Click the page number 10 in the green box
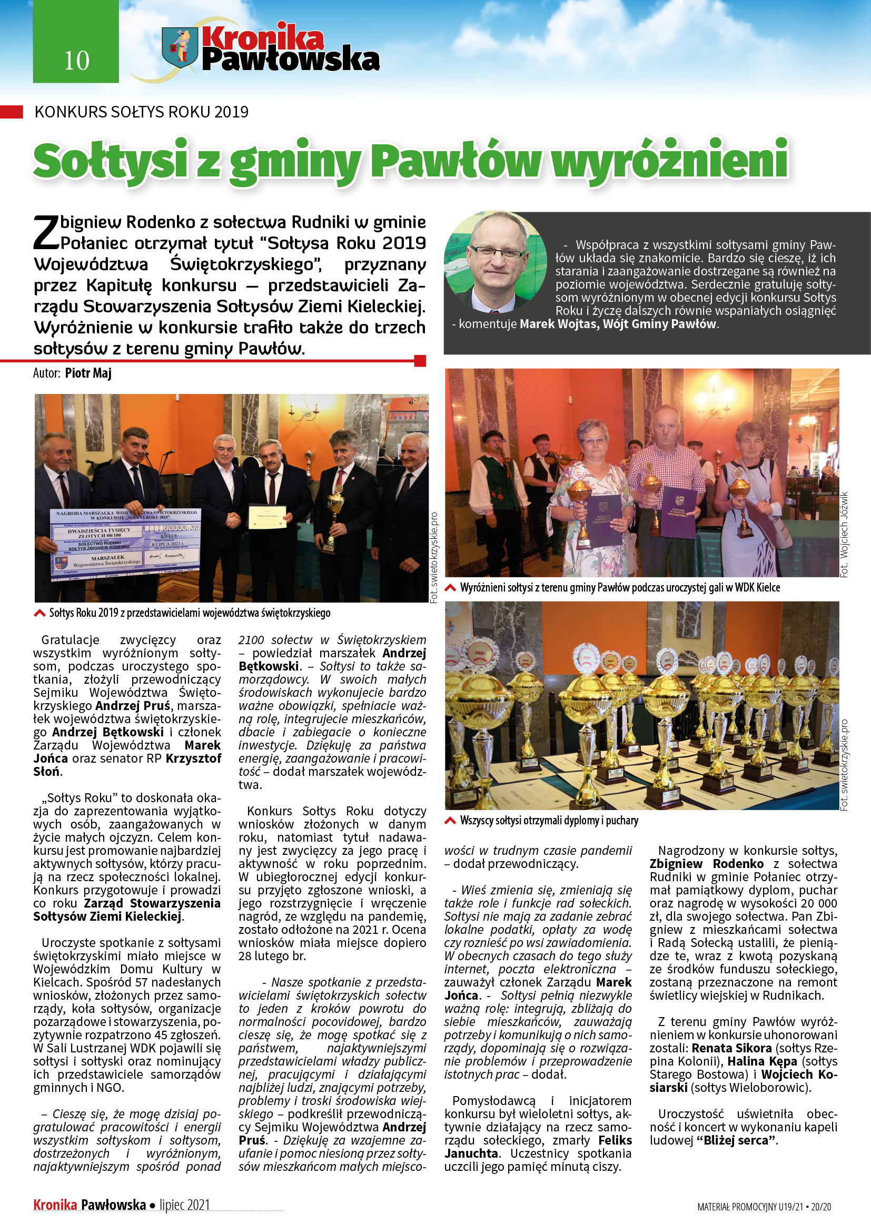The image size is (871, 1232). point(76,60)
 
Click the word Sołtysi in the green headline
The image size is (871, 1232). point(111,161)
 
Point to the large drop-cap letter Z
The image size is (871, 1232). point(46,233)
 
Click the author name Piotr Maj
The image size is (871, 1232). point(88,373)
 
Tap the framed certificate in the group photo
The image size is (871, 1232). point(267,517)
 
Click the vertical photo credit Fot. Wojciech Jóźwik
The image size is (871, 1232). point(844,535)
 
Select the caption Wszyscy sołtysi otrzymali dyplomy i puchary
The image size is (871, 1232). point(549,821)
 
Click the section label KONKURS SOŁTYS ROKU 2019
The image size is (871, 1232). point(142,112)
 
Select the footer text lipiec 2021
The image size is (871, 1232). point(184,1205)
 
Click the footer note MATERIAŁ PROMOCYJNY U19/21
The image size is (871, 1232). point(750,1207)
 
